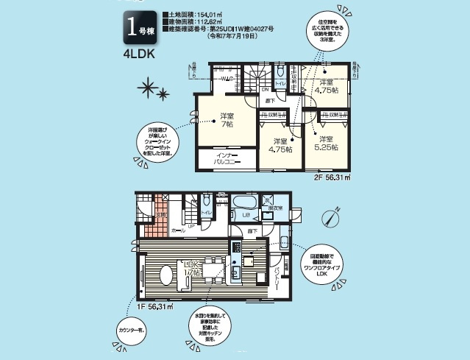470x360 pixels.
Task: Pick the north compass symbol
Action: point(329,217)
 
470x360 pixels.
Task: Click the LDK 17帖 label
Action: point(193,268)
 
